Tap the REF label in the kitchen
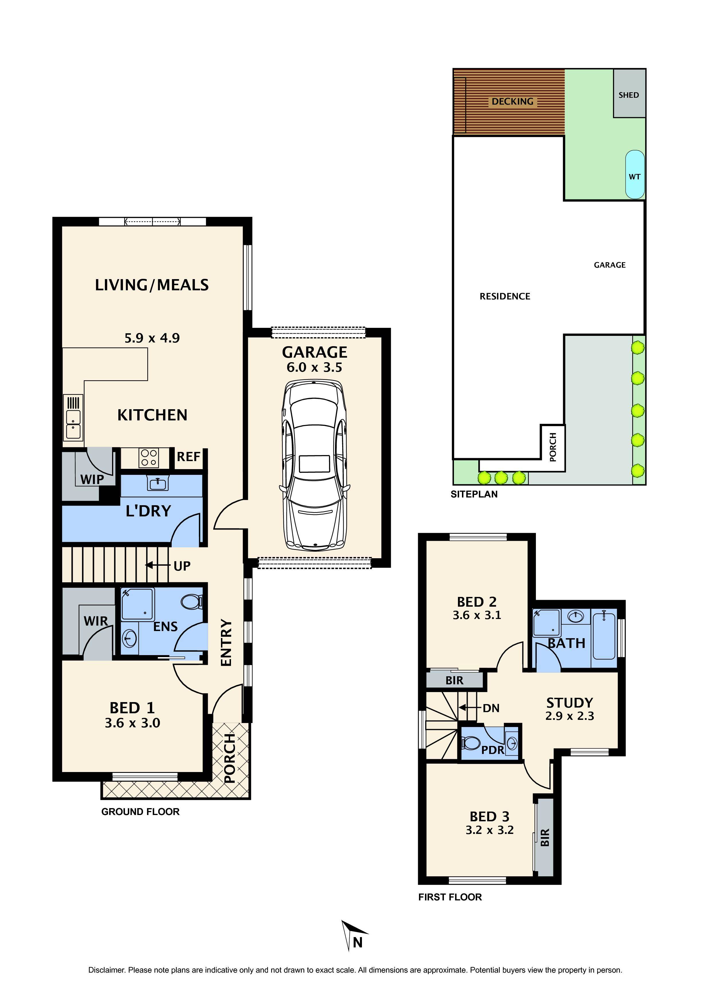188,457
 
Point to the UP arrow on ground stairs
157,565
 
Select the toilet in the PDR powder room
471,743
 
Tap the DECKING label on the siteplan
512,101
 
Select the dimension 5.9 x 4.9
152,338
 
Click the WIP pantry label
92,479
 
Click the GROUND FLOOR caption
140,812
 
